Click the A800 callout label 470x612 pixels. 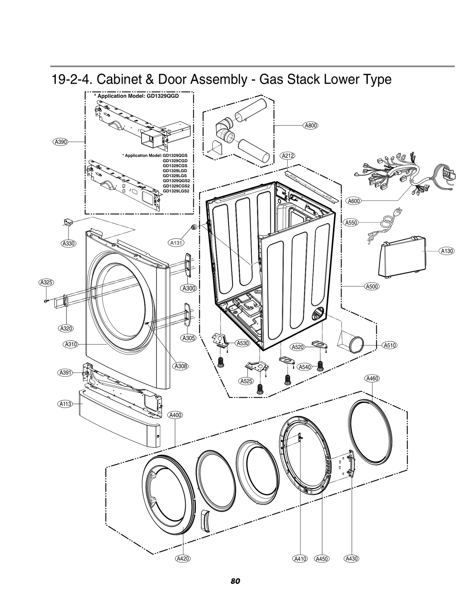tap(310, 126)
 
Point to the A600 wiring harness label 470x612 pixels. tap(354, 201)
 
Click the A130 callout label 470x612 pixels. tap(447, 251)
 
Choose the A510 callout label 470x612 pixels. tap(390, 346)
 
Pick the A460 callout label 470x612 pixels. tap(372, 379)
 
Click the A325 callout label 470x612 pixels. tap(46, 283)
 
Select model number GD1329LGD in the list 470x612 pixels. tap(175, 171)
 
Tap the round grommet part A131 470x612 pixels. tap(194, 227)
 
